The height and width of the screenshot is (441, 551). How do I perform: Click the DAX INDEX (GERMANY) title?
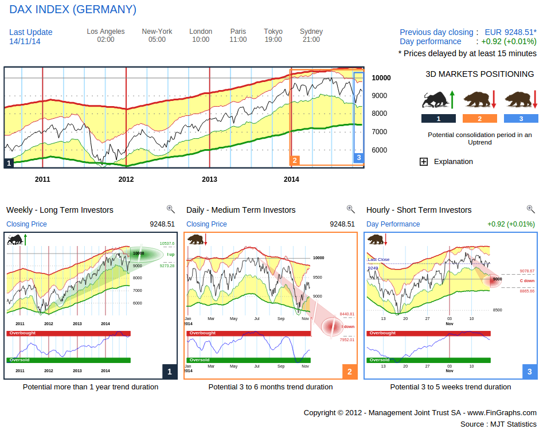pyautogui.click(x=73, y=10)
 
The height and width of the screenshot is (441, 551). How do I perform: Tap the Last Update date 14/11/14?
pyautogui.click(x=25, y=41)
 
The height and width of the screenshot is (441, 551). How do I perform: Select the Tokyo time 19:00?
pyautogui.click(x=273, y=40)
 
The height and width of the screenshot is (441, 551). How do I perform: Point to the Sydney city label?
pyautogui.click(x=311, y=32)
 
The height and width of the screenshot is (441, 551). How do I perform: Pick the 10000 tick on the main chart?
pyautogui.click(x=381, y=78)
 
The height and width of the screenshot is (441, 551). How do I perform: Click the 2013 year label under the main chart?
pyautogui.click(x=209, y=179)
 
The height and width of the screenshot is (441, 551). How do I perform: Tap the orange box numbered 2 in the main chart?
pyautogui.click(x=295, y=161)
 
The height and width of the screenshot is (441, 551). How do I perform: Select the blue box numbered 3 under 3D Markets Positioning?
pyautogui.click(x=521, y=119)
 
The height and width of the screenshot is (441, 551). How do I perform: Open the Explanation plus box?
pyautogui.click(x=424, y=162)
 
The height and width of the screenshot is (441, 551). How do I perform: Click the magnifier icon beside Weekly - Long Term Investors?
pyautogui.click(x=170, y=209)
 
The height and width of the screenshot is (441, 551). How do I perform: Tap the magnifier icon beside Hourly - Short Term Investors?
pyautogui.click(x=530, y=209)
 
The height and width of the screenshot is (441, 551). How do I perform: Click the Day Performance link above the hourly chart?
pyautogui.click(x=393, y=224)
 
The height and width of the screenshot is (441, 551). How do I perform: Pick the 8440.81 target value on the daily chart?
pyautogui.click(x=347, y=314)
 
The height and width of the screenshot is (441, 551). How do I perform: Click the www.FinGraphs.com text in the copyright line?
pyautogui.click(x=502, y=412)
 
